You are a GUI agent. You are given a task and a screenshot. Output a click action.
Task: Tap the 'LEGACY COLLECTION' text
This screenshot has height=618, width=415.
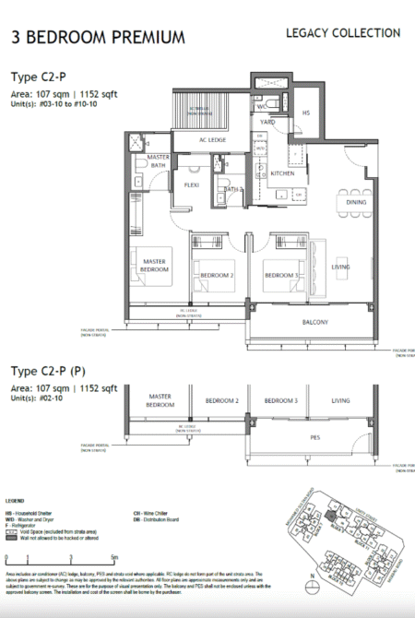[x=343, y=33]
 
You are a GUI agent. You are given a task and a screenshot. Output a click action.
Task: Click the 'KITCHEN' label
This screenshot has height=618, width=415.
[x=282, y=172]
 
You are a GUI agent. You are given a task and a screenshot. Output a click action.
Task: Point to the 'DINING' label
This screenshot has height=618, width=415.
[x=356, y=202]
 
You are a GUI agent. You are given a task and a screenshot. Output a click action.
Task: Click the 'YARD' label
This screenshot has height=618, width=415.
[x=267, y=122]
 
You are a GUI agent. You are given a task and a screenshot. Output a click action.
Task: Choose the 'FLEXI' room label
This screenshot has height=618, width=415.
[x=192, y=184]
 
